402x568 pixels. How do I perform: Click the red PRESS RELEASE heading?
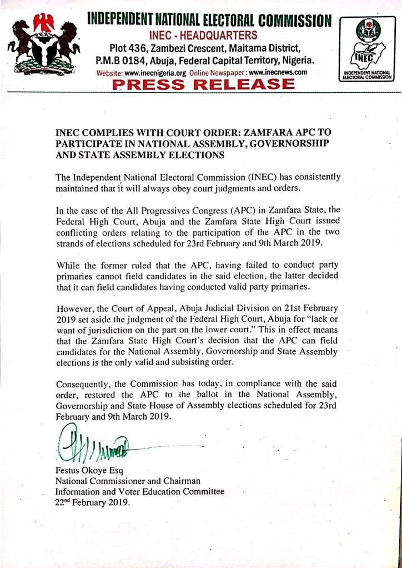[203, 84]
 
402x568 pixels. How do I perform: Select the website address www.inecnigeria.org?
[155, 73]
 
